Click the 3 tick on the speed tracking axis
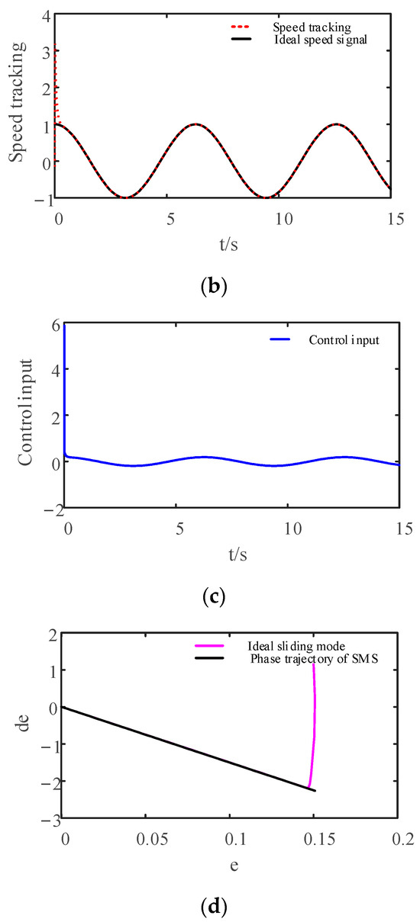click(x=47, y=52)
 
